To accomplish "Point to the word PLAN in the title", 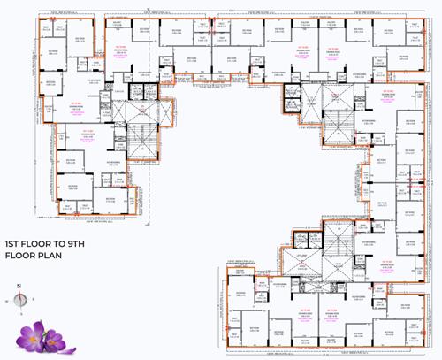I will [x=50, y=255].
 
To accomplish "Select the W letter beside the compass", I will [x=6, y=301].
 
